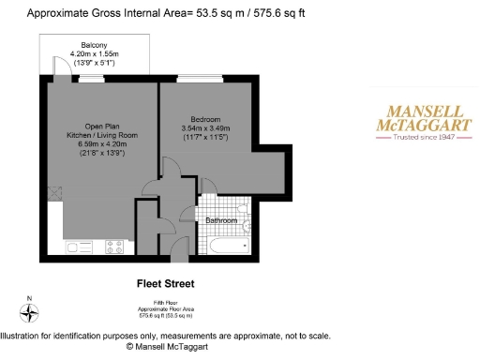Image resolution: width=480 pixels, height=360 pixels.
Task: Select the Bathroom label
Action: click(222, 220)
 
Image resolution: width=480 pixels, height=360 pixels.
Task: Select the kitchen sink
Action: click(75, 247)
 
